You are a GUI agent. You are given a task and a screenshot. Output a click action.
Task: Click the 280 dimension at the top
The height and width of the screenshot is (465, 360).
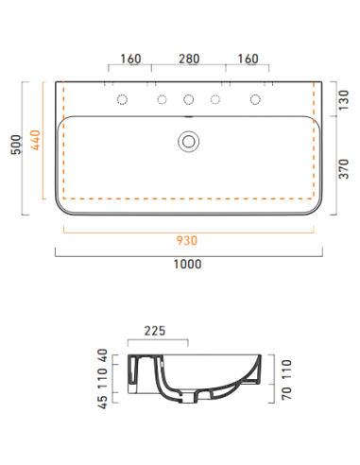pos(189,59)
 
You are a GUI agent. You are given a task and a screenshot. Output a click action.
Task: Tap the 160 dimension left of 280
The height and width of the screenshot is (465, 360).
pos(130,59)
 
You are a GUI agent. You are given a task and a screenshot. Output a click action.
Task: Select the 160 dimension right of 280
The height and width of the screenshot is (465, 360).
pos(248,59)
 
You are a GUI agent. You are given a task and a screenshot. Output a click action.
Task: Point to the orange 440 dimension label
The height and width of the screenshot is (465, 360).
pos(35,140)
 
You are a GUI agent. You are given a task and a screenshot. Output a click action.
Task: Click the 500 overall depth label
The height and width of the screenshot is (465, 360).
pos(16,145)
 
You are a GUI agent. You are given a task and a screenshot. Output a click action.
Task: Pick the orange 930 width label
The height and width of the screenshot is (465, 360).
pos(187,241)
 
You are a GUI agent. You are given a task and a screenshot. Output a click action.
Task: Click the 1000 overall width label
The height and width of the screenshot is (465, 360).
pos(187,264)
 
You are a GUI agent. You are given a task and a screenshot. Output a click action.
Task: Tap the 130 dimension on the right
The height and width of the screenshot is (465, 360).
pos(344,100)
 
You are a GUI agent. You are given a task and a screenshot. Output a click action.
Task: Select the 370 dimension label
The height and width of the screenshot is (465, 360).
pos(344,169)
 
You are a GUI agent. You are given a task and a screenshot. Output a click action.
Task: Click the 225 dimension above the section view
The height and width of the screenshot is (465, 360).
pos(155,331)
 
